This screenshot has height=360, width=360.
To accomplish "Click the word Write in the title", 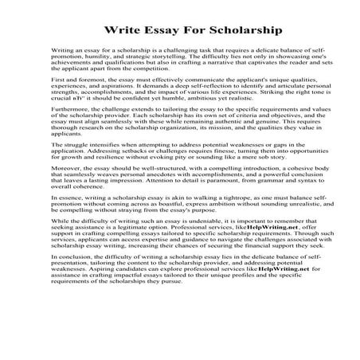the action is tap(117, 33).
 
